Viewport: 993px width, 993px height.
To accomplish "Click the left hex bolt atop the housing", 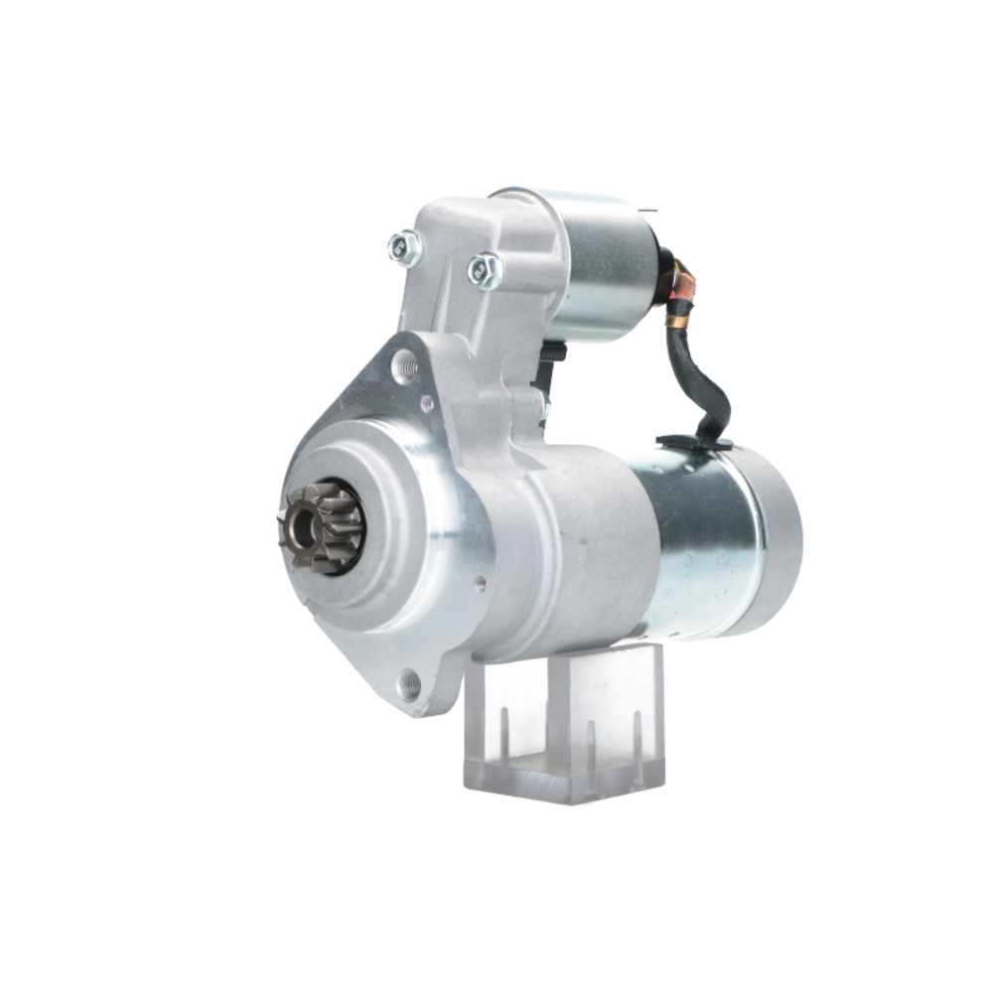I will (x=404, y=248).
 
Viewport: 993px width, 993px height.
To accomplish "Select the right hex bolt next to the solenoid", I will (x=484, y=268).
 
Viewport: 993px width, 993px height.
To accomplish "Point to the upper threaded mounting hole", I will (x=403, y=366).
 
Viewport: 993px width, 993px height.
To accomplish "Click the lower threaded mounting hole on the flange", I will (x=408, y=683).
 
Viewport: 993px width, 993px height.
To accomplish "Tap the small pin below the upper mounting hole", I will (x=426, y=404).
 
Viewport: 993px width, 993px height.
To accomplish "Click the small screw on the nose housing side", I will (x=481, y=584).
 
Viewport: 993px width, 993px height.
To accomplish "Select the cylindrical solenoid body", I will (x=601, y=263).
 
